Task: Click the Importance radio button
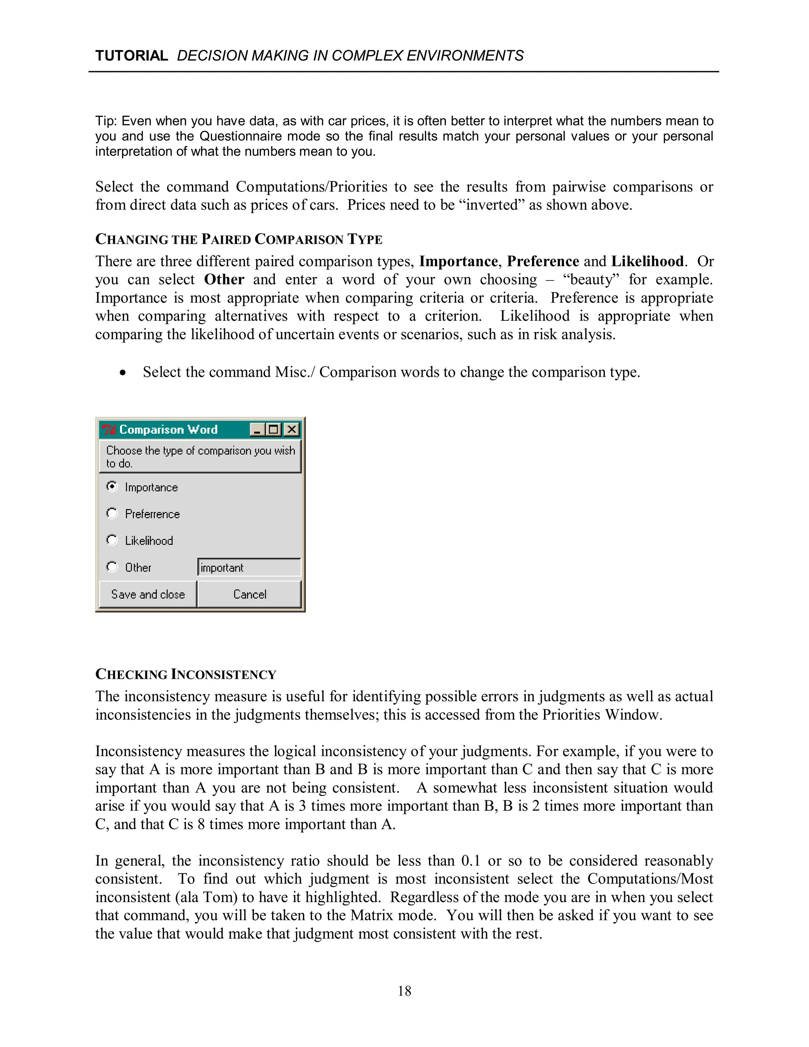[x=112, y=487]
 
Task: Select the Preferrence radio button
[x=112, y=514]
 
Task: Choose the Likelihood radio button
[x=112, y=540]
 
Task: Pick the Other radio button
[x=112, y=567]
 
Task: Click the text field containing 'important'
[x=249, y=568]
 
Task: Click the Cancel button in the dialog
[x=249, y=595]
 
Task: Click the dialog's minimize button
[x=258, y=429]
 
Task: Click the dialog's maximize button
[x=274, y=429]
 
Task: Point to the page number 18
[x=404, y=991]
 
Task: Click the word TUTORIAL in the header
[x=131, y=56]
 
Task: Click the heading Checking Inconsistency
[x=186, y=674]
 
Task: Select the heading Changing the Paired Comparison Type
[x=238, y=239]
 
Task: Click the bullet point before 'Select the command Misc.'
[x=123, y=373]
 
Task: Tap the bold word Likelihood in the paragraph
[x=647, y=261]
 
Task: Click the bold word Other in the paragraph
[x=224, y=279]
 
